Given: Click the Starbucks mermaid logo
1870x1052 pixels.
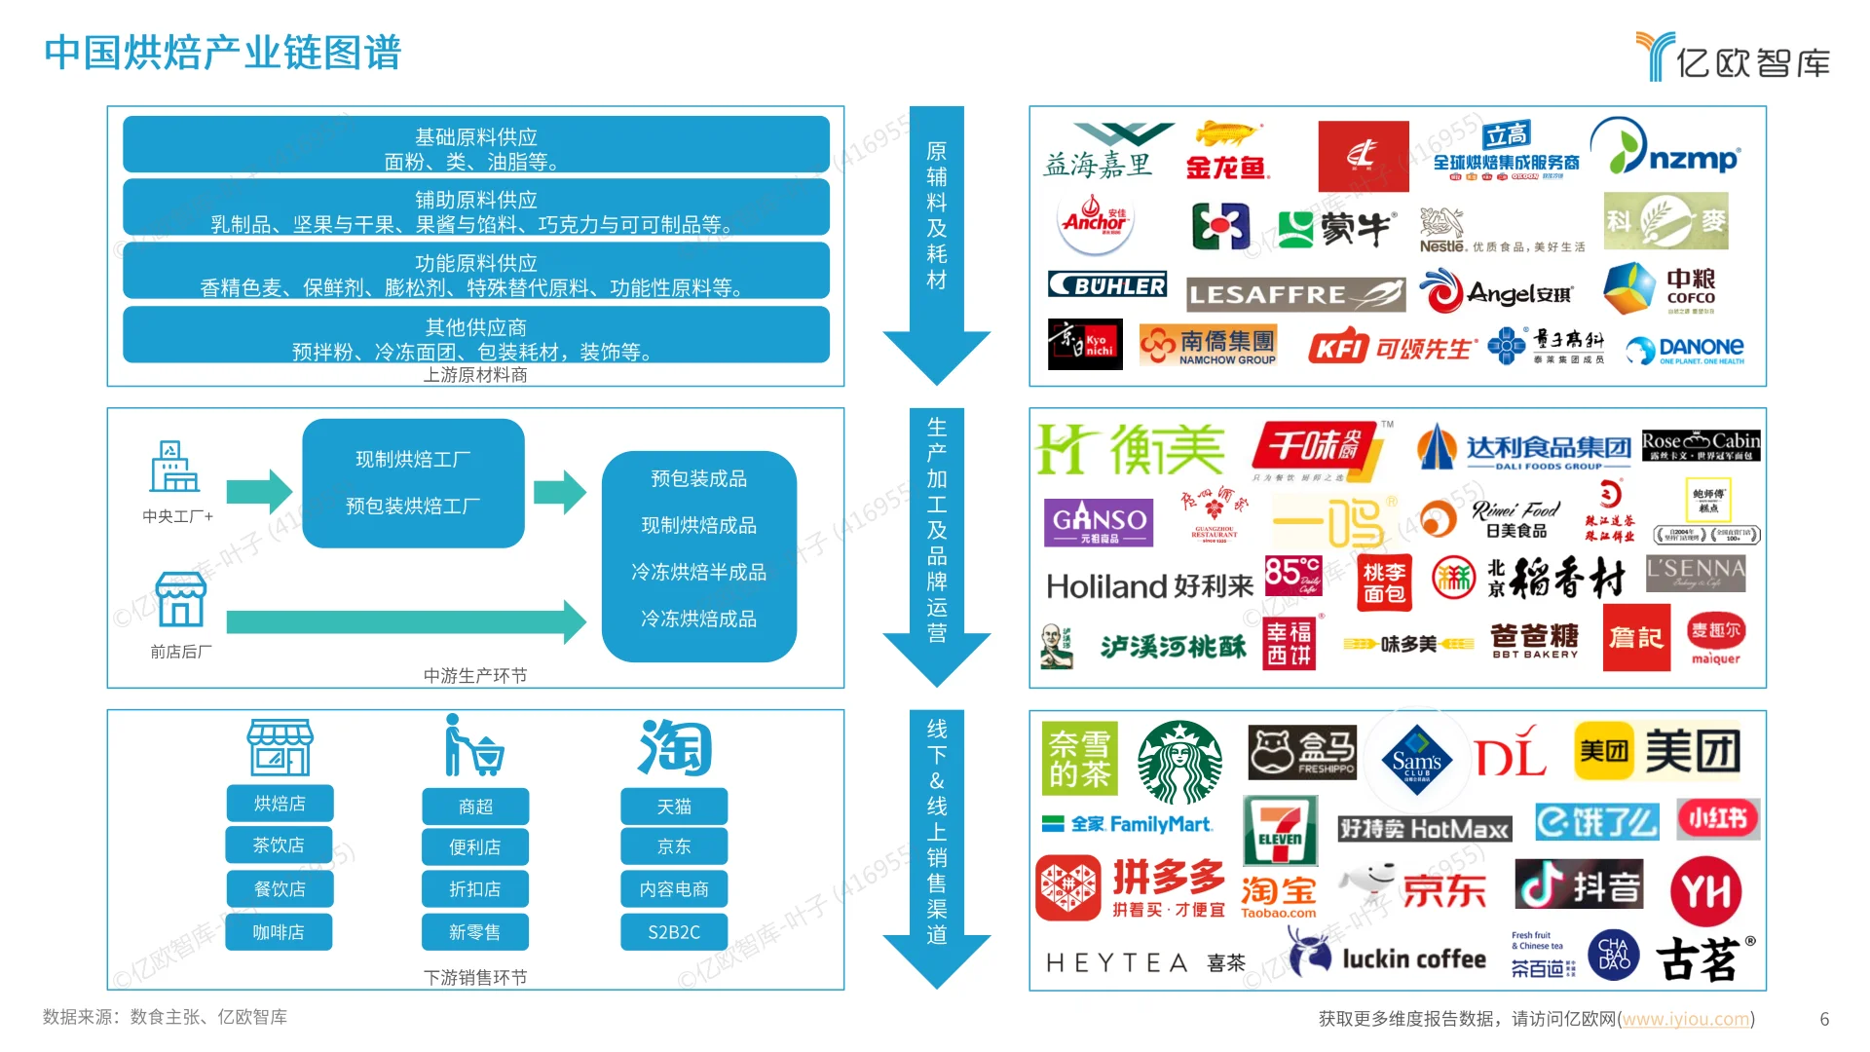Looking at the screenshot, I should (1180, 762).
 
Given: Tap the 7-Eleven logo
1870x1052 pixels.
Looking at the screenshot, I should (1280, 830).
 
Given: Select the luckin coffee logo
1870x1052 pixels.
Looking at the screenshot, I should (1389, 957).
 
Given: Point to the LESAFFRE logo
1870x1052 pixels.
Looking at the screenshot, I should (1295, 293).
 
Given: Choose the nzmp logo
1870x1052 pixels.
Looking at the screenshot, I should (1665, 148).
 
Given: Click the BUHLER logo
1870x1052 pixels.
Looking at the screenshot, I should (1107, 284).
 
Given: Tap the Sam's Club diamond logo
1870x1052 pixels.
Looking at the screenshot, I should (1416, 760).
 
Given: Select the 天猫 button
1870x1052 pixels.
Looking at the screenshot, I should (674, 807).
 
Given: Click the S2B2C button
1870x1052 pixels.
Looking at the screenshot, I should (674, 932).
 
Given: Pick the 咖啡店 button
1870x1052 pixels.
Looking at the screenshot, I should (279, 932).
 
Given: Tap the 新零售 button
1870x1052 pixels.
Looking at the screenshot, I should (475, 932).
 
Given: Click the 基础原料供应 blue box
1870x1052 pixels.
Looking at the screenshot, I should (476, 144).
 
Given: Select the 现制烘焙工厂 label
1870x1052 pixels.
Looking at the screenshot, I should (413, 459).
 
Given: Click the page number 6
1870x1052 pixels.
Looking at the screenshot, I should (1824, 1019).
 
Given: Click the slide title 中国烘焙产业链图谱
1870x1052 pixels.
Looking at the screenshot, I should (223, 53).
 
